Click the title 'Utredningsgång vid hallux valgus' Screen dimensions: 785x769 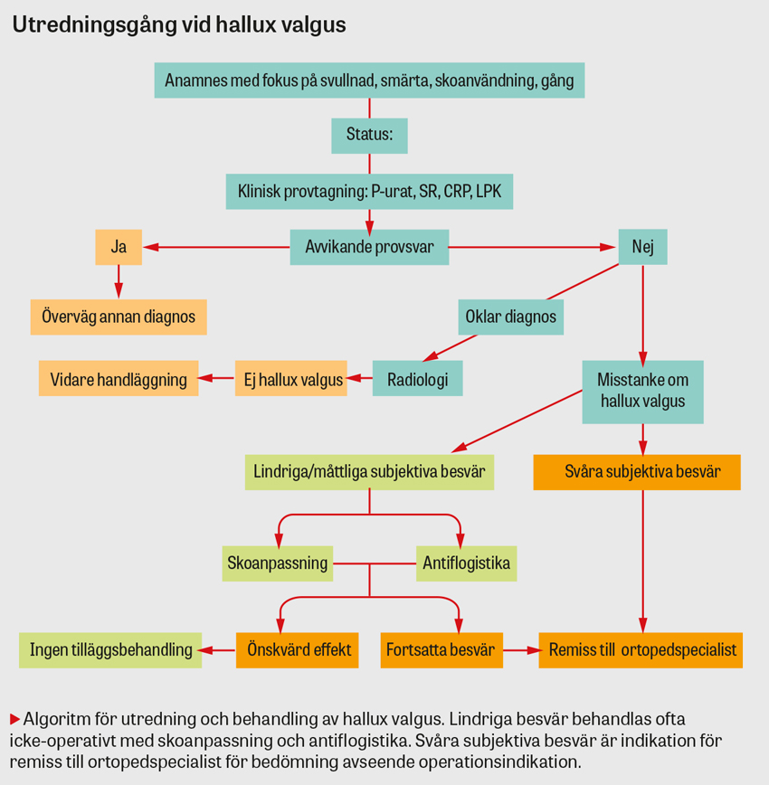[x=178, y=25]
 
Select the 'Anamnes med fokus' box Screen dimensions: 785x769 [x=369, y=80]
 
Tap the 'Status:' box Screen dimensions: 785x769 [x=369, y=136]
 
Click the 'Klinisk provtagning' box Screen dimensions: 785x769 [x=369, y=192]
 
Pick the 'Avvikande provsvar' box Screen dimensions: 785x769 [x=369, y=247]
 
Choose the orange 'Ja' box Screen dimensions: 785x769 [x=119, y=247]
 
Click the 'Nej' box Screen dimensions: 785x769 [x=642, y=247]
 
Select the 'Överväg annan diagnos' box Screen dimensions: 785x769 [x=119, y=317]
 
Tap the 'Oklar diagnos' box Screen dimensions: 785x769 [x=511, y=317]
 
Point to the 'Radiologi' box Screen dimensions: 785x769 [x=417, y=379]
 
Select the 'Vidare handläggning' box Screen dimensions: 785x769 [x=119, y=379]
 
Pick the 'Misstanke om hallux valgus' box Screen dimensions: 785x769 [x=642, y=391]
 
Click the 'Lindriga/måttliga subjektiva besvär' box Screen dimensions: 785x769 [x=369, y=472]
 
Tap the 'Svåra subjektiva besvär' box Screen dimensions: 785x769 [x=637, y=472]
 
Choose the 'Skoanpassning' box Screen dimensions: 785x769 [x=277, y=563]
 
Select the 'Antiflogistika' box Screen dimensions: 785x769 [x=466, y=563]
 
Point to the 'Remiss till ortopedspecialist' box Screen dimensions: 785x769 [x=641, y=649]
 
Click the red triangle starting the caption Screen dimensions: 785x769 [x=14, y=719]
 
